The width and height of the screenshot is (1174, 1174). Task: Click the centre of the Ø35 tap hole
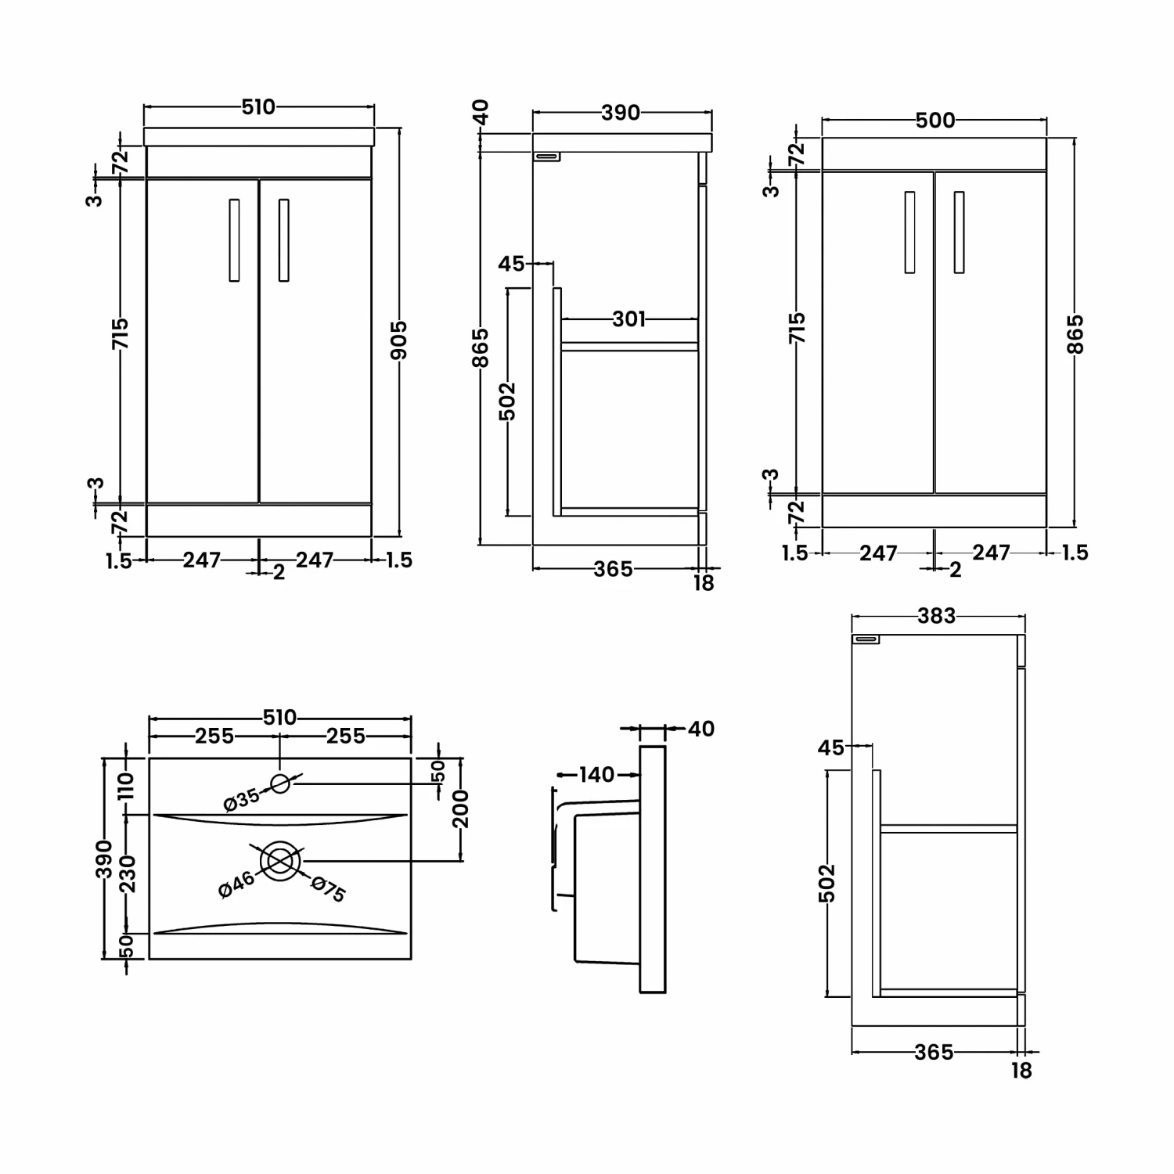(280, 783)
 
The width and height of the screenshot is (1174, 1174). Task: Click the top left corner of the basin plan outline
(149, 758)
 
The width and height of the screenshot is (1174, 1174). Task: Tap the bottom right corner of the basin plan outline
(411, 959)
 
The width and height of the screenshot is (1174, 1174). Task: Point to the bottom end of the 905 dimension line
(399, 538)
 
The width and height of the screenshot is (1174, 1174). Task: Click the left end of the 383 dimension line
(851, 616)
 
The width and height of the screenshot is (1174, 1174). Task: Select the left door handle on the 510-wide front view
(234, 239)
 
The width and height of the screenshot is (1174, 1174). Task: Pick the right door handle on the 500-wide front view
(959, 232)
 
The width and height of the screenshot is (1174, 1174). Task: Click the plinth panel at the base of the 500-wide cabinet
(935, 512)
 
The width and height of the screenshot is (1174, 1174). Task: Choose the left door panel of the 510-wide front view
(203, 340)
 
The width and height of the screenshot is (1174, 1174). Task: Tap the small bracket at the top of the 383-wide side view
(866, 639)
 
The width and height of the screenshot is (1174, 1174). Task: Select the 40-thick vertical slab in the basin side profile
(653, 870)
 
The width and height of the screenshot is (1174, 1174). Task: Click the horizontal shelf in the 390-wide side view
(629, 347)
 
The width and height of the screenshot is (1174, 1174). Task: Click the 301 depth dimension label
(629, 319)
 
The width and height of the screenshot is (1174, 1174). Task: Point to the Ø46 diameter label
(237, 884)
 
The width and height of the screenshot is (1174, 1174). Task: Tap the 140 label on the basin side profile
(596, 775)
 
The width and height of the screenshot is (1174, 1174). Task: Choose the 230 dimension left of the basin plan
(128, 873)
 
